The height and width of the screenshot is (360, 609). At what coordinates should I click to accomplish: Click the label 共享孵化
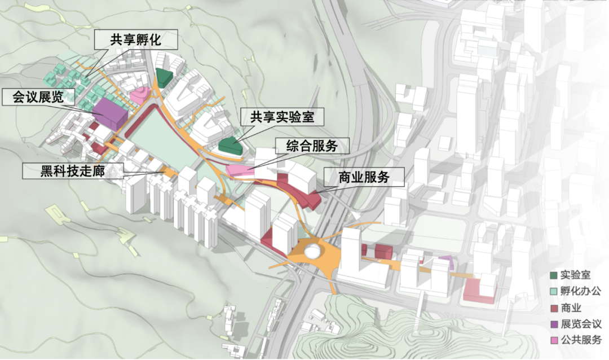click(x=135, y=40)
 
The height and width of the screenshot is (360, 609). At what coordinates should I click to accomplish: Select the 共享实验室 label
click(x=280, y=117)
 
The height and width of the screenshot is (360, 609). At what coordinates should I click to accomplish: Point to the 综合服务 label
click(x=312, y=146)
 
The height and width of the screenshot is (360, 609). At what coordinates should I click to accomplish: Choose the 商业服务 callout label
click(x=364, y=177)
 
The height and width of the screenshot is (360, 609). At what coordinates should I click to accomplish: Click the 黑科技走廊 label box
click(x=73, y=170)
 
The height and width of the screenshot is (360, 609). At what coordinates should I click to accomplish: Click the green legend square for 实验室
click(x=555, y=275)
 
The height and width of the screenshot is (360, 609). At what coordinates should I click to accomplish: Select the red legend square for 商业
click(x=555, y=308)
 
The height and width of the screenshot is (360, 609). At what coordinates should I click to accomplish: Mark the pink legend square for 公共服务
click(x=555, y=340)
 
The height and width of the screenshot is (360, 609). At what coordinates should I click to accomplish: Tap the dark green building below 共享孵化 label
click(x=164, y=77)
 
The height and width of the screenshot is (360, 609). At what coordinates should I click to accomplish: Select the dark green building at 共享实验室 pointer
click(x=230, y=146)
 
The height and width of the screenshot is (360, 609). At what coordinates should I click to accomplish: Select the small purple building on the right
click(x=446, y=260)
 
